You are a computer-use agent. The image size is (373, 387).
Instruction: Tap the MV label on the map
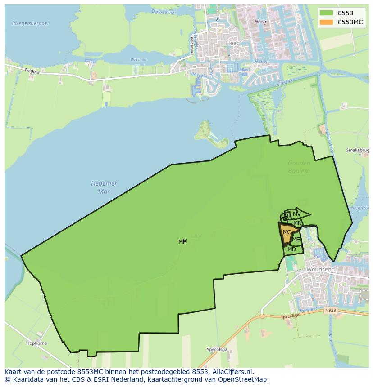296,214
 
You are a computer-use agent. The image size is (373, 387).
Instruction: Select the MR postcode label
297,223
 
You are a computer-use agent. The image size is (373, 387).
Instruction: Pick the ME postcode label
296,240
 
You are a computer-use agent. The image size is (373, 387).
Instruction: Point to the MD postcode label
291,249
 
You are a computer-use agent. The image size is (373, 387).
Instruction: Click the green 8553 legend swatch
327,13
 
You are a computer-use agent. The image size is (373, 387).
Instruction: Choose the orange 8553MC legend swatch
327,22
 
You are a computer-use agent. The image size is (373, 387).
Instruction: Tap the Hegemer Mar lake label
104,187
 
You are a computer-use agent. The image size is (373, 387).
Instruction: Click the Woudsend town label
320,269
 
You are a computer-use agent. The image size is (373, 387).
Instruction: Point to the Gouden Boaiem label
299,167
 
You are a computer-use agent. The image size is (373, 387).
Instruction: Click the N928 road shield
330,310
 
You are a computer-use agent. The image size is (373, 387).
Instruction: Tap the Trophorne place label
36,343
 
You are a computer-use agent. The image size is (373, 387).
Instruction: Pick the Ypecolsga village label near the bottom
217,349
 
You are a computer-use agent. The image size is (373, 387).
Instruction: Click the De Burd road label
32,71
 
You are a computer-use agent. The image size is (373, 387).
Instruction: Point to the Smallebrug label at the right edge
358,150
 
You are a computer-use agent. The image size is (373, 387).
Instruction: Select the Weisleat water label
138,59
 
